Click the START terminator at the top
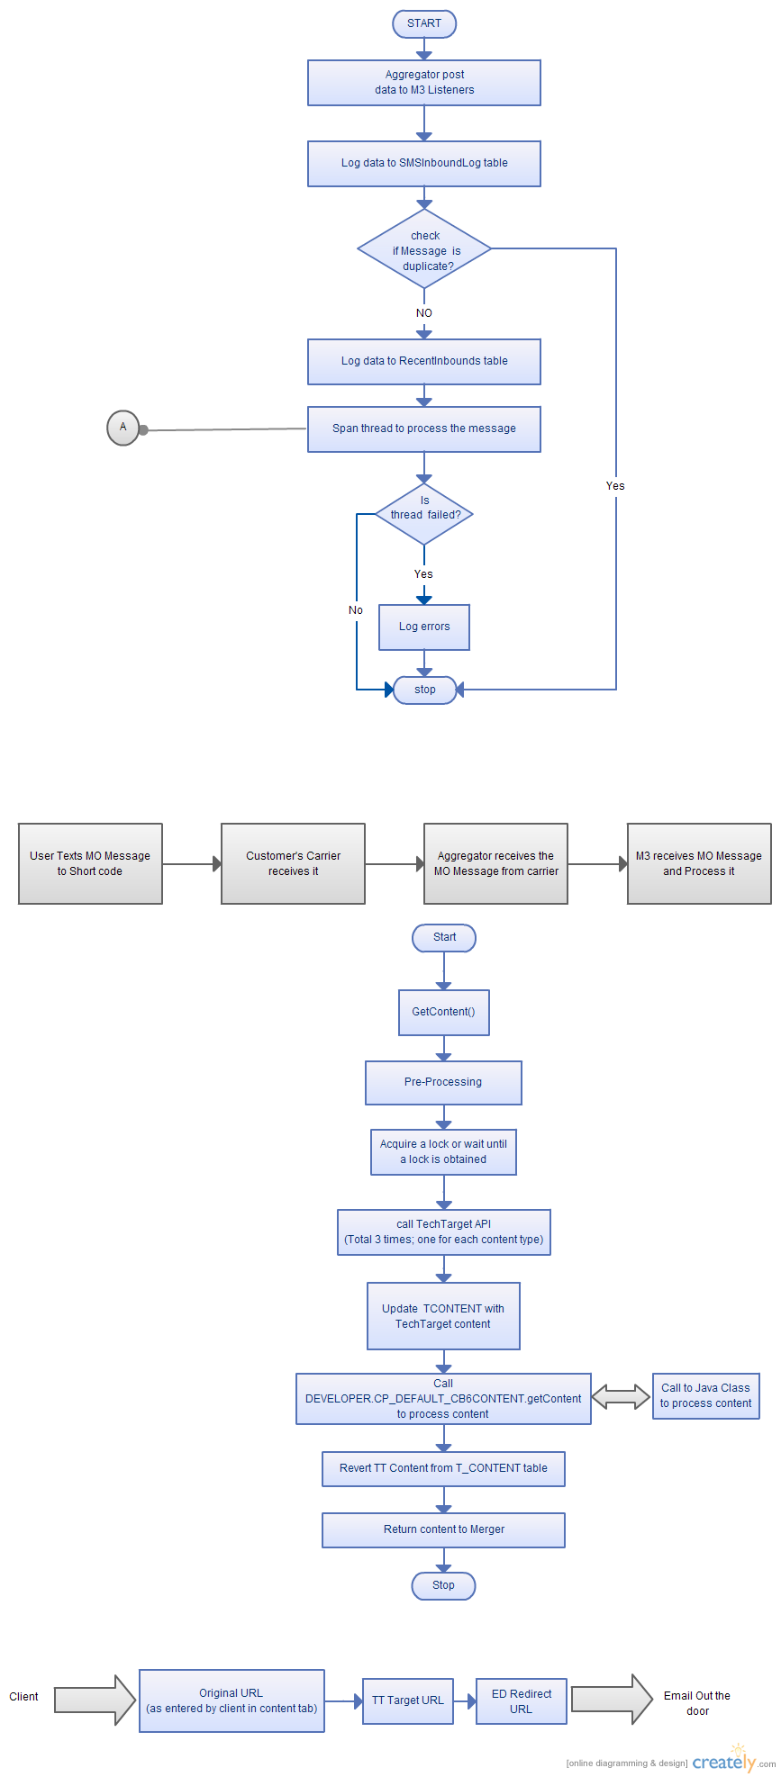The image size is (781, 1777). coord(424,23)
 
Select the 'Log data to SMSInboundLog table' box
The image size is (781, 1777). coord(424,163)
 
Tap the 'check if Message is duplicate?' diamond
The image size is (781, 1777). coord(424,249)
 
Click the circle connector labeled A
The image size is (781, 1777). coord(123,427)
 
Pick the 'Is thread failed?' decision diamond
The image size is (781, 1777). coord(424,514)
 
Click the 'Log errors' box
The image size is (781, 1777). coord(424,627)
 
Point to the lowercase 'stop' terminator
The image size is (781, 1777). coord(424,690)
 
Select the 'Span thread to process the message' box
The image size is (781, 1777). coord(424,428)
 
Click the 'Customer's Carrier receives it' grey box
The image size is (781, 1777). coord(294,863)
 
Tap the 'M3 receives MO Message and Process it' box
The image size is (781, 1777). coord(699,863)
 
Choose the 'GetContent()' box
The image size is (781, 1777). coord(444,1012)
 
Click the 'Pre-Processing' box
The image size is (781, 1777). coord(443,1082)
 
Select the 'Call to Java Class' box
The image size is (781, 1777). coord(706,1395)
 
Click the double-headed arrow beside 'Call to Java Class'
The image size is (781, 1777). coord(621,1397)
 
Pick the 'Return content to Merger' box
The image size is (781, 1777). coord(444,1529)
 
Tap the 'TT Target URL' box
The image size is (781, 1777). coord(408,1700)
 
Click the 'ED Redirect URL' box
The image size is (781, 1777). coord(522,1700)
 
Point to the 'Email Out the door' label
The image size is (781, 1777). coord(697,1703)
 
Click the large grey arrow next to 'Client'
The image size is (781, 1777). coord(95,1700)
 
